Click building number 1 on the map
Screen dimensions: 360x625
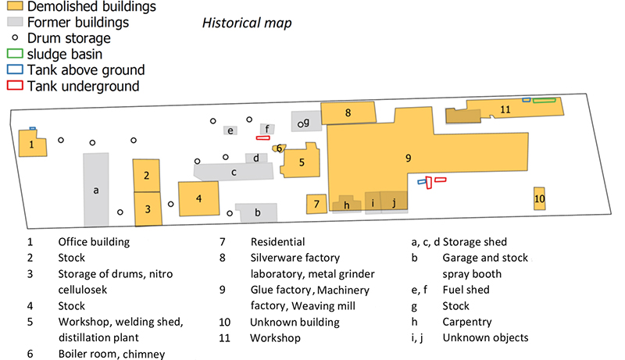(x=32, y=144)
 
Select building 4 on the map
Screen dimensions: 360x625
(x=199, y=198)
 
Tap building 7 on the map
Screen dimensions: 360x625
(x=316, y=204)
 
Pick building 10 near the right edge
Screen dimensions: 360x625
(x=539, y=199)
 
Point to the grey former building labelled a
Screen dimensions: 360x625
(x=96, y=190)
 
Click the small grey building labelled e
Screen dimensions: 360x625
(x=230, y=130)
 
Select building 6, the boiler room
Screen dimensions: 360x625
(x=279, y=148)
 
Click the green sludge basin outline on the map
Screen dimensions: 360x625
(x=545, y=100)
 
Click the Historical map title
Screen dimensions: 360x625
(x=247, y=23)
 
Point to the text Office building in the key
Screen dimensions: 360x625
(x=94, y=242)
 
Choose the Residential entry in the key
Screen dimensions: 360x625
(x=277, y=242)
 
